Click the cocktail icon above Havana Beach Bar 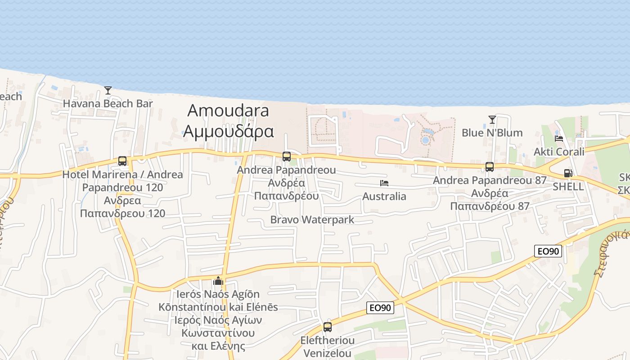pos(108,90)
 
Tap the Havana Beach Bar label pos(108,103)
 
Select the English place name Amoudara pos(228,111)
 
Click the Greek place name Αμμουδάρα pos(228,131)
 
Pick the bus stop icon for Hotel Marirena pos(122,161)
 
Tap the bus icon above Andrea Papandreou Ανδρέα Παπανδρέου pos(286,157)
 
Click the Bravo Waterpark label pos(312,220)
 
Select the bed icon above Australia pos(384,183)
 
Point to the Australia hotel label pos(384,196)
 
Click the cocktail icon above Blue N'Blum pos(492,120)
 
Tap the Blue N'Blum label pos(492,133)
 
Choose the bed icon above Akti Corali pos(559,138)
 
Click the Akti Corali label pos(559,152)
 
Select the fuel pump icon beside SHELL pos(568,173)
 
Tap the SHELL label pos(568,186)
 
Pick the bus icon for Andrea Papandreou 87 pos(490,167)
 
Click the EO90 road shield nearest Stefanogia pos(548,251)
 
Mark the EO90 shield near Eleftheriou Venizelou pos(380,308)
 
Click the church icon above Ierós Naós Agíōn pos(218,281)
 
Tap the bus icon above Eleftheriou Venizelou pos(327,327)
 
